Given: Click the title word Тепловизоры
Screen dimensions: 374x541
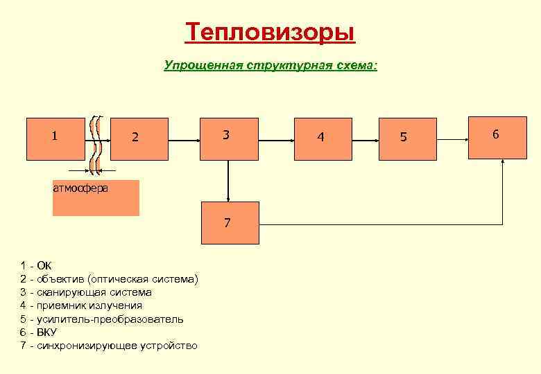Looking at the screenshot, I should (x=270, y=33).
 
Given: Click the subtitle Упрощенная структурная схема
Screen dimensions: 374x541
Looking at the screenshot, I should (x=270, y=65).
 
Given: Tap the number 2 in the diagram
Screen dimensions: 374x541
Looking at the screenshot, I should (x=135, y=137).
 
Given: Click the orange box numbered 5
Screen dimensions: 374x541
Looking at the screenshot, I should (x=409, y=139).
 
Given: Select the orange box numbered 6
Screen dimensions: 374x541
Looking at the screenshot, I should (x=495, y=137).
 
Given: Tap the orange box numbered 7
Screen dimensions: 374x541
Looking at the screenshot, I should (x=230, y=223).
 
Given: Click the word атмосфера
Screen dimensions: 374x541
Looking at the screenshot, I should (x=80, y=187).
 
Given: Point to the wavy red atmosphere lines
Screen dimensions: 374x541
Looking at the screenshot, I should (x=97, y=142).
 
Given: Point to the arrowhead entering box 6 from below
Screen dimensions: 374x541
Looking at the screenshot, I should (x=503, y=163).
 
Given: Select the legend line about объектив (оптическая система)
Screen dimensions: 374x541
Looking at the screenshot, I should (x=110, y=278).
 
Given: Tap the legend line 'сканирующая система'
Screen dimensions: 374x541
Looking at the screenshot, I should (x=87, y=292).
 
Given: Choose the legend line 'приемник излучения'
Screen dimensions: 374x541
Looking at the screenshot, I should (x=82, y=305).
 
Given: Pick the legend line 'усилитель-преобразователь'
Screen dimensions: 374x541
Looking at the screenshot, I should (x=102, y=319).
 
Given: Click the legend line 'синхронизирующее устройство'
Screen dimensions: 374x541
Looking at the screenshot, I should (x=109, y=346).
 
